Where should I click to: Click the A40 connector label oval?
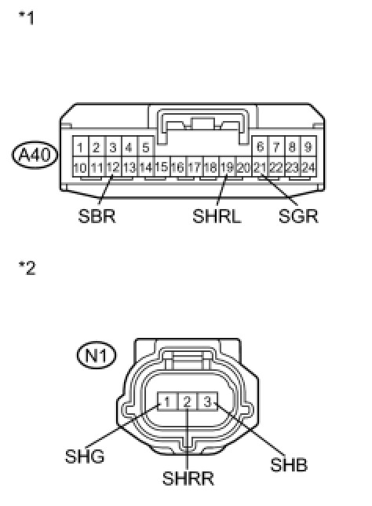point(35,155)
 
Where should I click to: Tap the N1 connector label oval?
point(97,355)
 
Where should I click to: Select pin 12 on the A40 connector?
point(114,167)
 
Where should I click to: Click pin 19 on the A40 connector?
point(228,167)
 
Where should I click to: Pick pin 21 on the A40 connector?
point(260,167)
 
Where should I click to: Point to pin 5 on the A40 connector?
point(146,147)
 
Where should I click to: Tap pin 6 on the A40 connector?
point(260,147)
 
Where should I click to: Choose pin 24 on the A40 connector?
point(308,167)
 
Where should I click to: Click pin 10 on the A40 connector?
point(81,167)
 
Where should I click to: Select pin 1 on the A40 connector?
point(81,147)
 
